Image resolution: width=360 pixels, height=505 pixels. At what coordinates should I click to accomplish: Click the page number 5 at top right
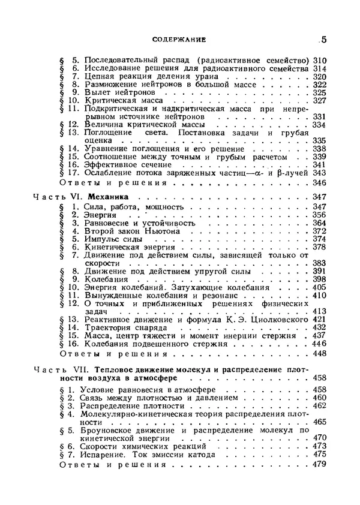coord(323,40)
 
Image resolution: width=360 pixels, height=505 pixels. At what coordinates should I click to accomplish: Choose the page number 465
coord(319,422)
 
